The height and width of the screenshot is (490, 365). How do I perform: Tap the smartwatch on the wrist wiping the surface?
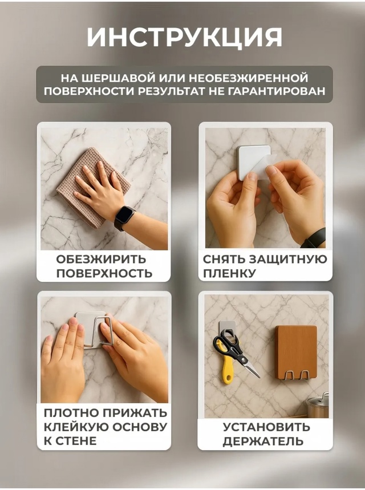click(x=124, y=216)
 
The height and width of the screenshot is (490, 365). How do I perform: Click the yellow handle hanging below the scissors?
click(x=228, y=370)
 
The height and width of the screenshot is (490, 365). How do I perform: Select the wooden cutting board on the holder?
click(x=296, y=351)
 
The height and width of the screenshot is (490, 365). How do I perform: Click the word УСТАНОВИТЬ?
click(x=266, y=427)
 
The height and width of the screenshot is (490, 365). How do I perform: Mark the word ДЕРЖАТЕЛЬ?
click(x=266, y=441)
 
